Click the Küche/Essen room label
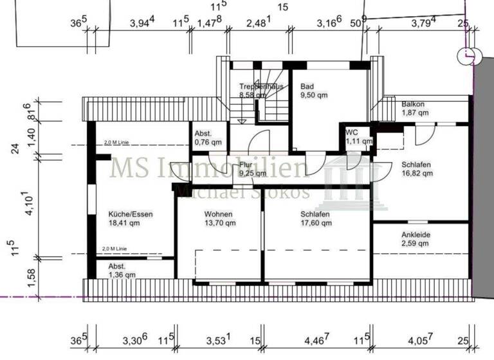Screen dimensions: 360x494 click(131, 219)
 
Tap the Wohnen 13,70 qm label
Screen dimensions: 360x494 click(219, 219)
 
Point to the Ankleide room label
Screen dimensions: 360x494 click(416, 239)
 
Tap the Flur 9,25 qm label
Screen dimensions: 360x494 click(252, 169)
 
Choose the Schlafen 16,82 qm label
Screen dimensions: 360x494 click(417, 168)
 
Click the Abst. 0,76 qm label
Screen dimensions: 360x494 click(208, 138)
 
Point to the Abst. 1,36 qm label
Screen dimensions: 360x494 click(122, 270)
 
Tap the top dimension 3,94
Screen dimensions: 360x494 click(142, 24)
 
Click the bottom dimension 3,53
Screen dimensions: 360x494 click(219, 340)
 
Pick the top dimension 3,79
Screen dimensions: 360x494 click(424, 24)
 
